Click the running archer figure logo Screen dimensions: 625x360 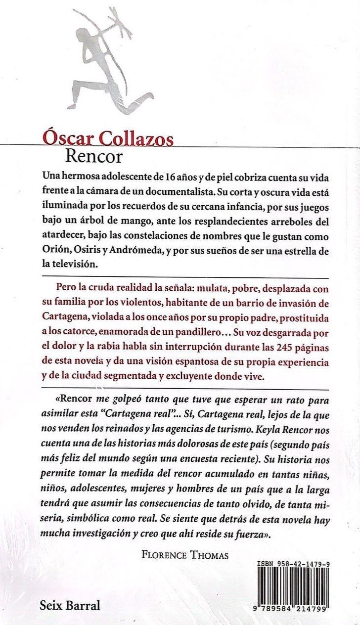(x=109, y=62)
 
